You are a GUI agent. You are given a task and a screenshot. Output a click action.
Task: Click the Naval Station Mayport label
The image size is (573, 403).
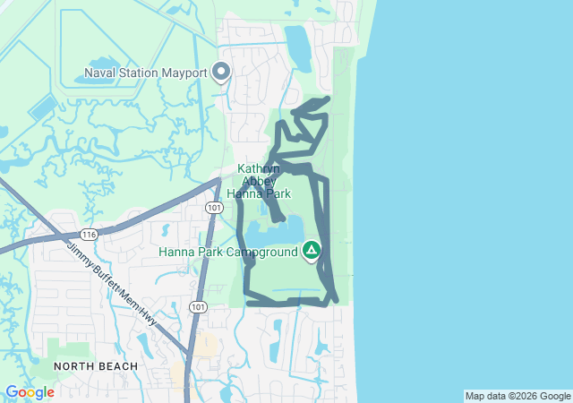pyautogui.click(x=145, y=73)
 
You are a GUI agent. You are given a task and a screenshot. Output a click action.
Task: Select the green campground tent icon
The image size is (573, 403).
pyautogui.click(x=312, y=250)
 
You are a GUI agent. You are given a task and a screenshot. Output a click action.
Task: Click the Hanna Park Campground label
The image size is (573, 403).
pyautogui.click(x=227, y=252)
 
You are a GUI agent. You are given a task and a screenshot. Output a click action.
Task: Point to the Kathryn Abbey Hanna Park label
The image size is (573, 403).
pyautogui.click(x=259, y=180)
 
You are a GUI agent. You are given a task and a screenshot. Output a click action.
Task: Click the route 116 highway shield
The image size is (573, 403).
pyautogui.click(x=87, y=234)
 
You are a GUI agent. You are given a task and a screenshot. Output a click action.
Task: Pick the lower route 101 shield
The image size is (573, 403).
pyautogui.click(x=197, y=306)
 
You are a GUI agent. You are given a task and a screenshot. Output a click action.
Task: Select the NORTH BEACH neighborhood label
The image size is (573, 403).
pyautogui.click(x=96, y=366)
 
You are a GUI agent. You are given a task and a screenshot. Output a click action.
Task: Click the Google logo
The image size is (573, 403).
pyautogui.click(x=30, y=392)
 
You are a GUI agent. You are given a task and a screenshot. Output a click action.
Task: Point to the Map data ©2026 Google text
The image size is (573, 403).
pyautogui.click(x=517, y=396)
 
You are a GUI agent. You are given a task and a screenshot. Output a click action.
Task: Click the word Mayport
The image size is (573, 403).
pyautogui.click(x=183, y=73)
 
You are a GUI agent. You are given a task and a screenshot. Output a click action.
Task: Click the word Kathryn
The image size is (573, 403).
pyautogui.click(x=259, y=168)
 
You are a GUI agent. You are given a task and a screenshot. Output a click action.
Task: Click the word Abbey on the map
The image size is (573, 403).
pyautogui.click(x=260, y=180)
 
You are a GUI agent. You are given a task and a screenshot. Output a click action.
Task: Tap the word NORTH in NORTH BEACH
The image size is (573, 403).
pyautogui.click(x=74, y=366)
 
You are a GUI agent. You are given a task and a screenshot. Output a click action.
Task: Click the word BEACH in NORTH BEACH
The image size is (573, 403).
pyautogui.click(x=119, y=366)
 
